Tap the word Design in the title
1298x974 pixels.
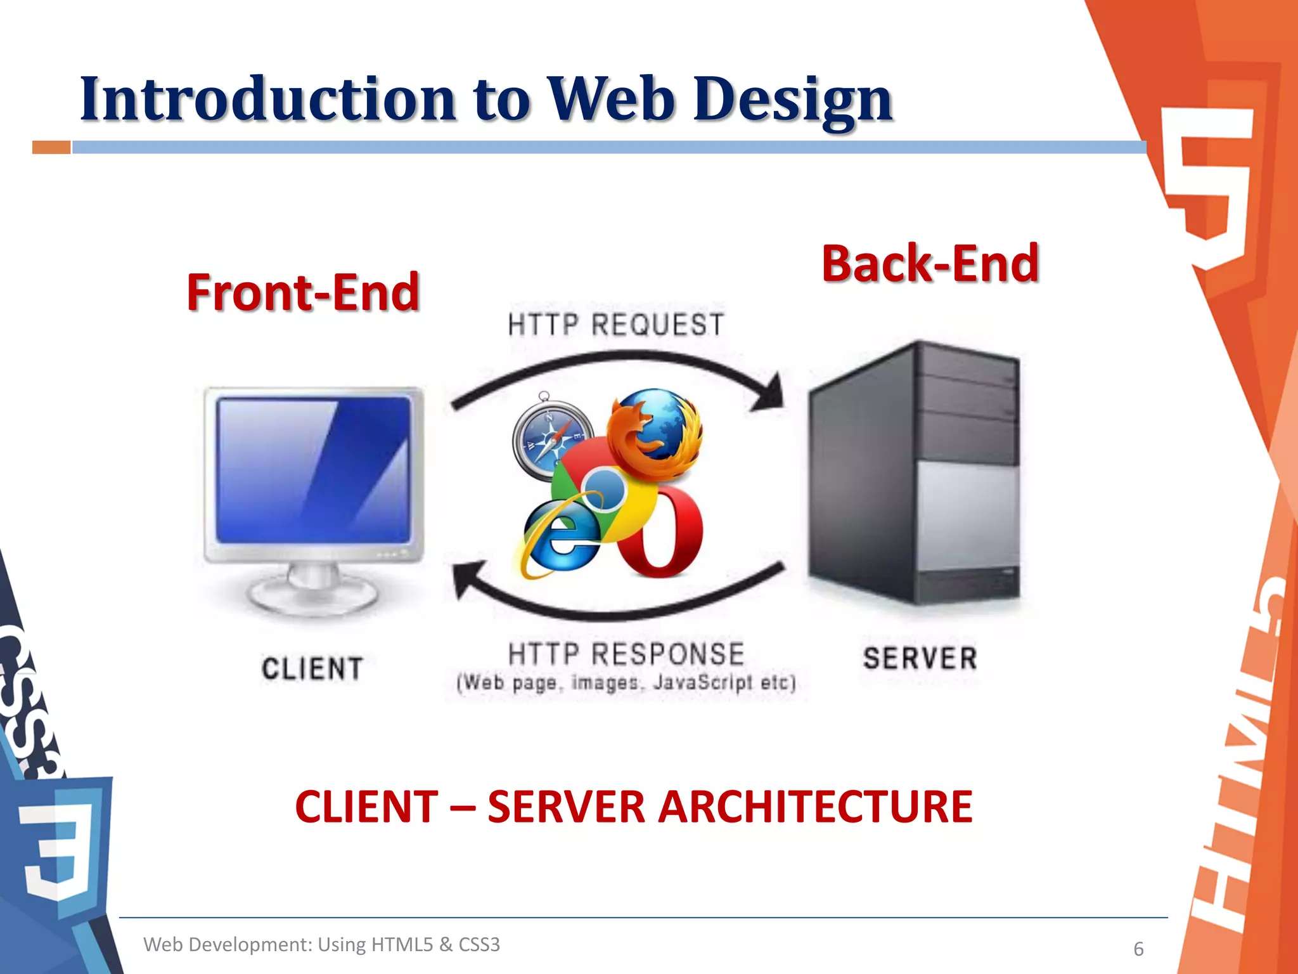point(792,100)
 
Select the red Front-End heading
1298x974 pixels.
point(303,293)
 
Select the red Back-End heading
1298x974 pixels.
point(930,264)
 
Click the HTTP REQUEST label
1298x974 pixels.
point(615,325)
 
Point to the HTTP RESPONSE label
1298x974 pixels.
point(626,654)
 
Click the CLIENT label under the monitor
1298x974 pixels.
point(312,670)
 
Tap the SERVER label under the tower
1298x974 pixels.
point(920,658)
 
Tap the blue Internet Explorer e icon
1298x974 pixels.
point(558,539)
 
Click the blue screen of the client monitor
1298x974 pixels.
point(313,469)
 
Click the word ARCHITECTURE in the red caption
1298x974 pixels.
point(814,807)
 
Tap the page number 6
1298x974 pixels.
point(1138,949)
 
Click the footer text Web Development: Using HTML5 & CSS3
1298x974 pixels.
point(321,944)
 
